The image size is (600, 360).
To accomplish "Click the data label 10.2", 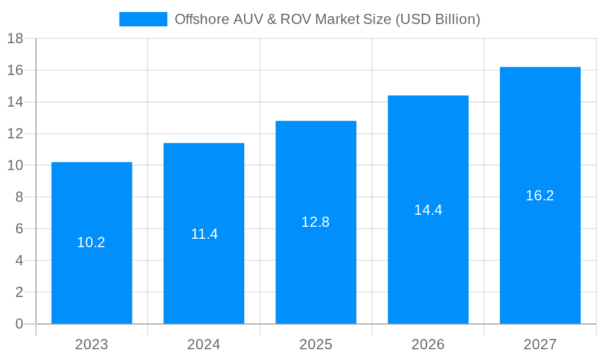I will click(x=91, y=242).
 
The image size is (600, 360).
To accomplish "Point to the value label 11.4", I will click(x=204, y=234).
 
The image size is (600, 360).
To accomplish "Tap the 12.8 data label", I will click(x=316, y=222).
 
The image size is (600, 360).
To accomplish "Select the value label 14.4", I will click(x=428, y=210).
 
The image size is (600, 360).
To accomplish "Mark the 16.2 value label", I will click(x=540, y=196).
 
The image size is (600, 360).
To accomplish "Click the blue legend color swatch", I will click(x=143, y=19).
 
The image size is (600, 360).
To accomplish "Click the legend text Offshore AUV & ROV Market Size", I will click(x=327, y=19).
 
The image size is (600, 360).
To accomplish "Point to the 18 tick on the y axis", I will click(x=15, y=39).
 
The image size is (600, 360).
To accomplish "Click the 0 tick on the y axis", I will click(x=19, y=324).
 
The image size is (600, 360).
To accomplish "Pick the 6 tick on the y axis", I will click(x=19, y=229).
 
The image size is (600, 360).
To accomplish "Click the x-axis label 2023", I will click(x=91, y=344).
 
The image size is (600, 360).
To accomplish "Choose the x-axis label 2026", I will click(x=428, y=344).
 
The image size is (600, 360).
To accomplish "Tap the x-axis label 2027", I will click(x=540, y=344).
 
